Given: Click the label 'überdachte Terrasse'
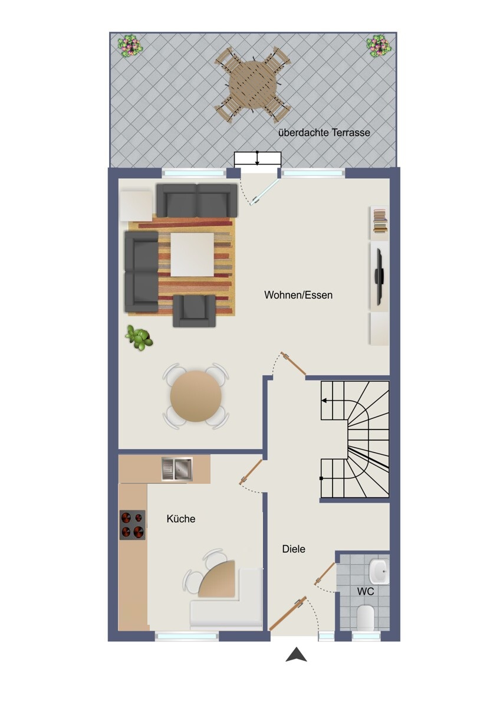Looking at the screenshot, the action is [x=324, y=132].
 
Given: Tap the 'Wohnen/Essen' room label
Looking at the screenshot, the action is [x=298, y=295].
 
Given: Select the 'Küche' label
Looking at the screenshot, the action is [x=180, y=519].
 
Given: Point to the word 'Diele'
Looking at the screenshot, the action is [x=294, y=549].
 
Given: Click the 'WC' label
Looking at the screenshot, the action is [x=366, y=591].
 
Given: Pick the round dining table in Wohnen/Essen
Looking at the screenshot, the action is [x=196, y=396].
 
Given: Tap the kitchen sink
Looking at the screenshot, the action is [x=177, y=470].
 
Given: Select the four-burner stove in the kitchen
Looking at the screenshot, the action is [x=132, y=525].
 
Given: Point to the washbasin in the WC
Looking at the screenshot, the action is [x=379, y=572].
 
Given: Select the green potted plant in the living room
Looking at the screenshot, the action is [x=139, y=337].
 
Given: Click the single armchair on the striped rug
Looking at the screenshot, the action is [x=194, y=311].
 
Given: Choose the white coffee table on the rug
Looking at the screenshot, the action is [x=192, y=255].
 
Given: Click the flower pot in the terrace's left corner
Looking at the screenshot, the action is [x=130, y=45].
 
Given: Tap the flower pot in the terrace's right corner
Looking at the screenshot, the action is [x=379, y=46].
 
